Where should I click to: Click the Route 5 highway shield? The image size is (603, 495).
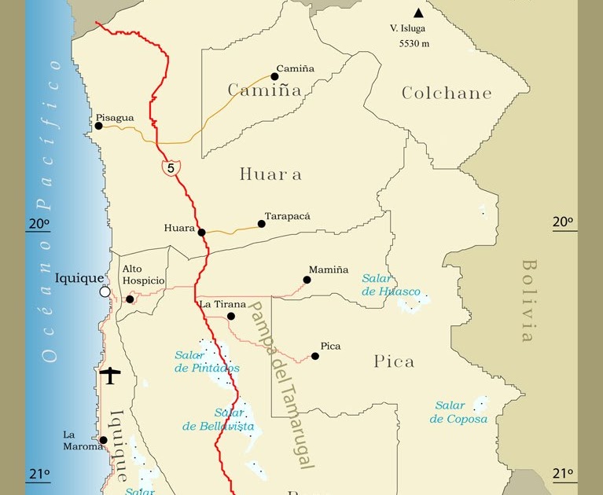point(171,167)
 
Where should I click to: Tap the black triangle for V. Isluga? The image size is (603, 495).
point(418,13)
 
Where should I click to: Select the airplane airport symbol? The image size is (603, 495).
point(111,376)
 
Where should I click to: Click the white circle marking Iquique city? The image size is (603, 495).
point(105,291)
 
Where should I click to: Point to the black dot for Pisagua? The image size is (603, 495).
point(99,126)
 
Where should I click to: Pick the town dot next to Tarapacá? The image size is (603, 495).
point(262,224)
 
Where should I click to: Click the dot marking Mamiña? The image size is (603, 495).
point(307,280)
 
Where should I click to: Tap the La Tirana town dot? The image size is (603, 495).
point(231,317)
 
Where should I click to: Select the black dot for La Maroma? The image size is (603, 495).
point(104,441)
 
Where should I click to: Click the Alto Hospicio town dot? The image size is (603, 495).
point(130,299)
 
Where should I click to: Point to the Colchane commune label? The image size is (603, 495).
point(447,93)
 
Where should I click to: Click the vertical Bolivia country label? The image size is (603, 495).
point(528,300)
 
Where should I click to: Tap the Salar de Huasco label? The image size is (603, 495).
point(391,284)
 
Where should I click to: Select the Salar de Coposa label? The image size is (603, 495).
point(458,412)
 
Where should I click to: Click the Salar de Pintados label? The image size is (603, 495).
point(207,361)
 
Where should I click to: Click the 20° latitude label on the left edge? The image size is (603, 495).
point(39,223)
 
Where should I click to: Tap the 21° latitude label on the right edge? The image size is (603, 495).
point(563,473)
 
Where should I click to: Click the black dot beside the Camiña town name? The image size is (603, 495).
point(275,76)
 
